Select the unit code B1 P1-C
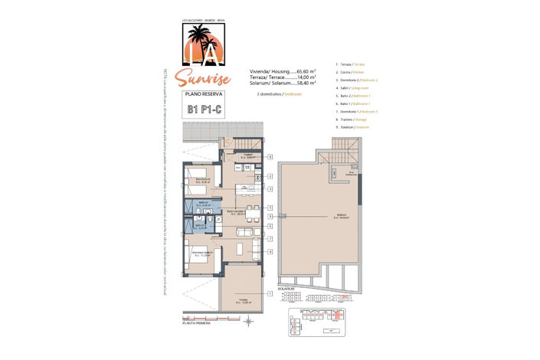click(x=203, y=110)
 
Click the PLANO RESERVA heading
click(x=203, y=94)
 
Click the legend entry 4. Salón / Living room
click(x=354, y=88)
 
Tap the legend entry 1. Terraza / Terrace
click(x=353, y=65)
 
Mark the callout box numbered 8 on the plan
click(x=270, y=156)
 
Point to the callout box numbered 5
click(x=270, y=208)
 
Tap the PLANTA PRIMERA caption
click(x=197, y=324)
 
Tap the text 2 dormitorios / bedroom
click(x=275, y=93)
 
